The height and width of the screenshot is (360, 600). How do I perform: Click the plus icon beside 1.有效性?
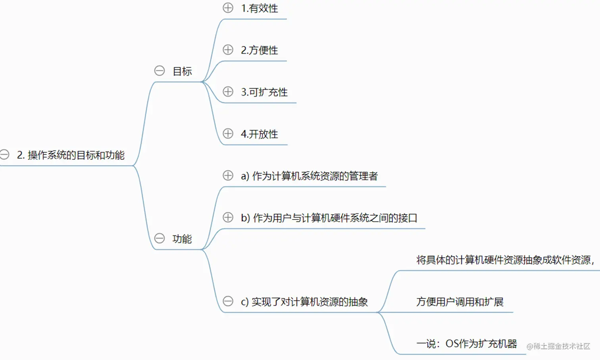228,8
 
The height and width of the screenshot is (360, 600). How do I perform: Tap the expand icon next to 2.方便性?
228,50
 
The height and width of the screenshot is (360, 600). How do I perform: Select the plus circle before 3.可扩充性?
228,92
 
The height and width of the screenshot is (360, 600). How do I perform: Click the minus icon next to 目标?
160,71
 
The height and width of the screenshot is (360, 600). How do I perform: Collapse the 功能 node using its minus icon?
160,238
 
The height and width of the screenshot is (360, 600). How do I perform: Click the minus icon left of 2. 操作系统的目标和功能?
4,154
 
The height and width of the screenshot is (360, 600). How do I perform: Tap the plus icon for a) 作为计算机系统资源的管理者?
228,175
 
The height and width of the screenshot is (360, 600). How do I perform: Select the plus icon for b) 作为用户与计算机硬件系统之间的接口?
228,218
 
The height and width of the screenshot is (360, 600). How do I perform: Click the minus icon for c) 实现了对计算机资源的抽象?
228,301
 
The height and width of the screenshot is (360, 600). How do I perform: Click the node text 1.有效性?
260,8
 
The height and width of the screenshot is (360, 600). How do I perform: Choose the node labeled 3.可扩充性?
264,92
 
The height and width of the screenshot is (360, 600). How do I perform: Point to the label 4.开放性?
260,134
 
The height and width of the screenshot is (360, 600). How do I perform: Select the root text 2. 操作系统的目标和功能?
71,155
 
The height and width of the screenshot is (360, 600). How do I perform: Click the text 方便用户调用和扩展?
460,302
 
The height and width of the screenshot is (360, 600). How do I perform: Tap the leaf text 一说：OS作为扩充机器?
467,344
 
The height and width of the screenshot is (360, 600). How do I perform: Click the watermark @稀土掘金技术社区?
558,346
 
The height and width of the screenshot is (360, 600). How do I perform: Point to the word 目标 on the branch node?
182,71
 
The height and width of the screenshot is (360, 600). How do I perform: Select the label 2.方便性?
260,50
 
